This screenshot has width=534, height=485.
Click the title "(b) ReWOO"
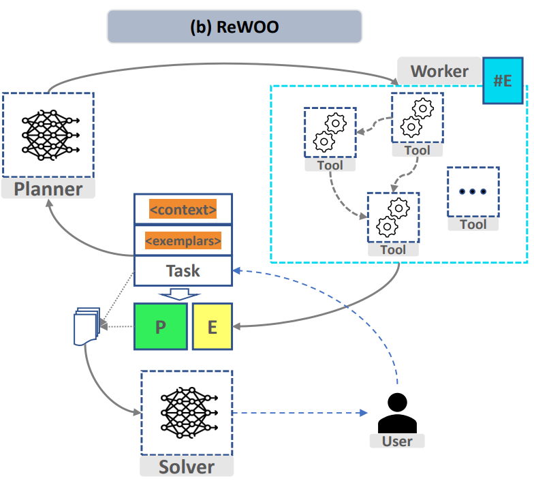pyautogui.click(x=234, y=27)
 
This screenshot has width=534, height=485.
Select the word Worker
pyautogui.click(x=439, y=71)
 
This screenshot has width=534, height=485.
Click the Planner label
pyautogui.click(x=48, y=189)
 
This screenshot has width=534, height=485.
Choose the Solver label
pyautogui.click(x=186, y=467)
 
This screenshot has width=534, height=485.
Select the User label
pyautogui.click(x=397, y=441)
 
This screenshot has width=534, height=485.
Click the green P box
pyautogui.click(x=161, y=327)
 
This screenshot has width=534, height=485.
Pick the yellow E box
pyautogui.click(x=212, y=327)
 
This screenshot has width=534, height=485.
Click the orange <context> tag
pyautogui.click(x=183, y=209)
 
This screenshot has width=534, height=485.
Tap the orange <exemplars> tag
pyautogui.click(x=183, y=240)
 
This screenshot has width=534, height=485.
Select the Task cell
pyautogui.click(x=183, y=270)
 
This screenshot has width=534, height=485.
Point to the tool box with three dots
pyautogui.click(x=473, y=191)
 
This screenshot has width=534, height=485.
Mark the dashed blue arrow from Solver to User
pyautogui.click(x=296, y=413)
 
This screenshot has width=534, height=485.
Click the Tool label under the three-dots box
pyautogui.click(x=473, y=224)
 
